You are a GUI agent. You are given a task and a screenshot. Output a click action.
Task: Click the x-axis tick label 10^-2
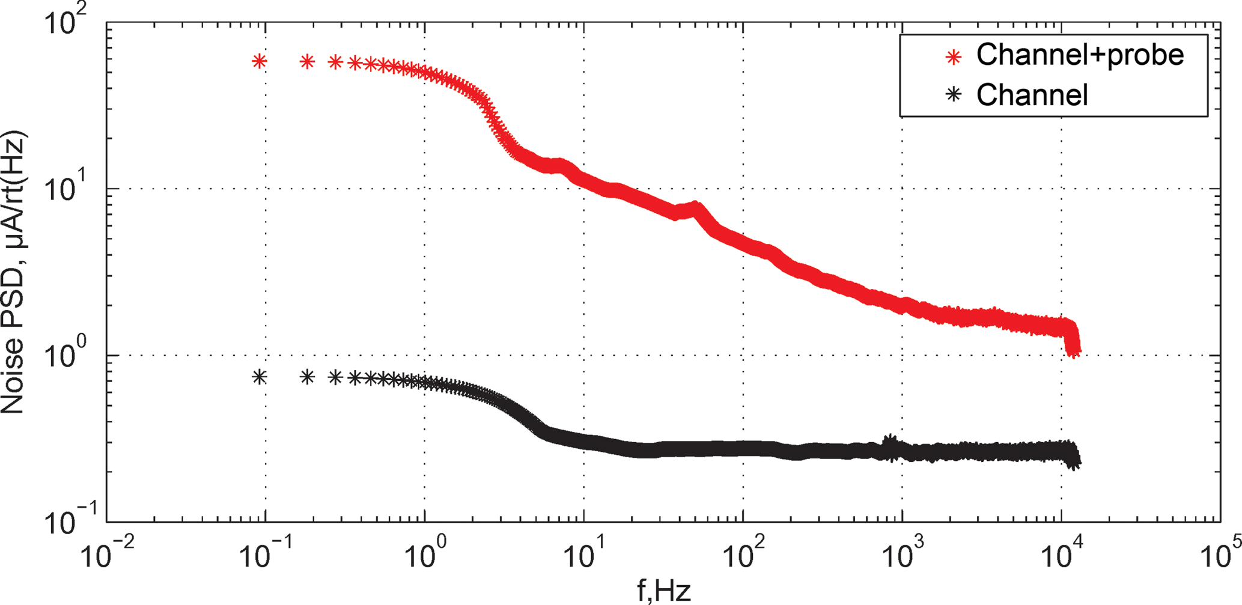106,556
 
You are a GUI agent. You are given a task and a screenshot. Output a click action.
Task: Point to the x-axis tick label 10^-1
265,556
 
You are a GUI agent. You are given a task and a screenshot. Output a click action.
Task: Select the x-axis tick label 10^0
424,556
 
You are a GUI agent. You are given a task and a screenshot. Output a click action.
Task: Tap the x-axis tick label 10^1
583,556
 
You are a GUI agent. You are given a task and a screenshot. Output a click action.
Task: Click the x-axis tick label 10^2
743,556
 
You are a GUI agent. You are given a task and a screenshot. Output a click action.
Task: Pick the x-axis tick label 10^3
902,556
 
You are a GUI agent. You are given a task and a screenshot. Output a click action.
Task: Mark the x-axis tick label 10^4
1061,556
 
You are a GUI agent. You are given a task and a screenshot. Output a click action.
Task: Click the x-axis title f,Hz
663,591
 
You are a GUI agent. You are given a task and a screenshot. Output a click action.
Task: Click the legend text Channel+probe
1080,55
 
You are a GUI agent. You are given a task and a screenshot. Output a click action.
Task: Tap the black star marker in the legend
954,94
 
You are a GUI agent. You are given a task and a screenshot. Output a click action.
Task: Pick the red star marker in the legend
954,56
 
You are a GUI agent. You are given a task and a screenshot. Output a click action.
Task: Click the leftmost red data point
259,61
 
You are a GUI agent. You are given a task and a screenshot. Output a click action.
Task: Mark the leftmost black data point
259,377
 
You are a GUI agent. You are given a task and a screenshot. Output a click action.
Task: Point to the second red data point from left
307,61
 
